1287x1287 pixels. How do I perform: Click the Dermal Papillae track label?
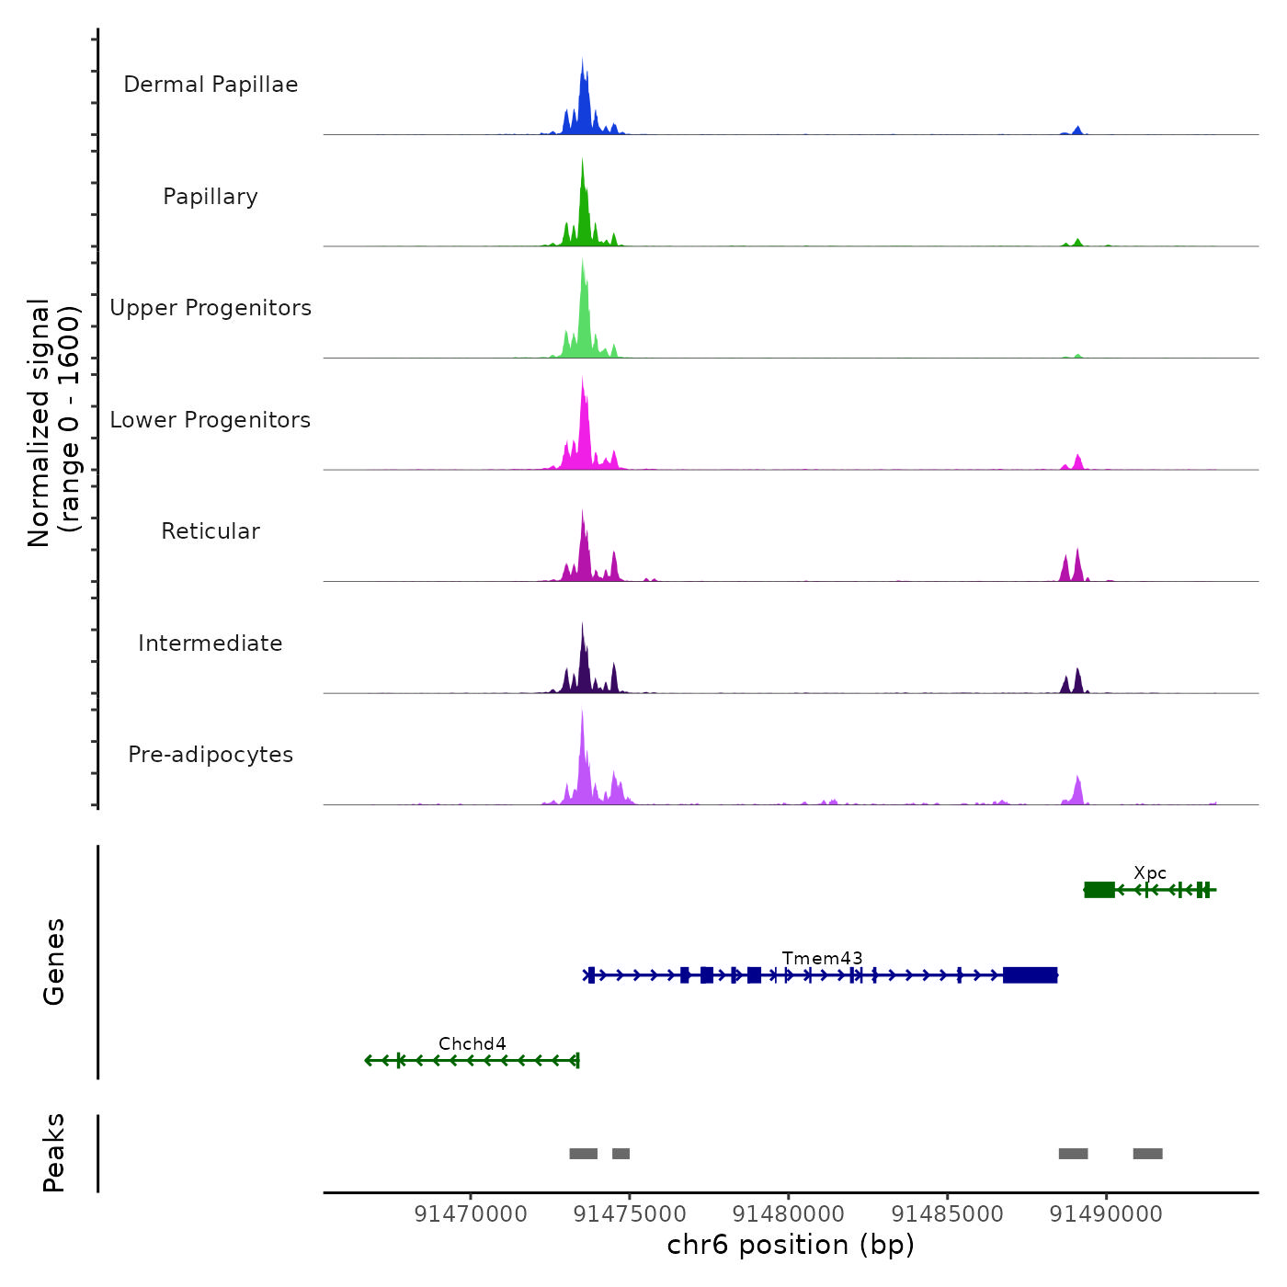click(211, 85)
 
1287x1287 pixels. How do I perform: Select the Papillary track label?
click(211, 197)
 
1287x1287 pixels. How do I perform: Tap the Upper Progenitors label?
click(211, 308)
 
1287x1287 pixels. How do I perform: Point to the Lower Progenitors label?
click(211, 420)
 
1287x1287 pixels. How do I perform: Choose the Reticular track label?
click(211, 531)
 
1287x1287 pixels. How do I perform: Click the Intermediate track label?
click(211, 643)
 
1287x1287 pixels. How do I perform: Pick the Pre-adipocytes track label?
click(211, 755)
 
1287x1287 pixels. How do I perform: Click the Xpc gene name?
click(1150, 873)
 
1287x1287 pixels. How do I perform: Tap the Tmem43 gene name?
click(822, 959)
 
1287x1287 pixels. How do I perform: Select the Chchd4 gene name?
click(472, 1044)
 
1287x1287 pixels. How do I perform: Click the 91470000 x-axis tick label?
click(471, 1214)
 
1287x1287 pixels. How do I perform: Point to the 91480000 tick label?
click(788, 1214)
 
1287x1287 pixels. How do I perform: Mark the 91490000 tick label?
click(1106, 1214)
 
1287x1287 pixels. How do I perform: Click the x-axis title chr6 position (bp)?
click(791, 1246)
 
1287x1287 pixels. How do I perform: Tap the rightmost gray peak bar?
click(1147, 1154)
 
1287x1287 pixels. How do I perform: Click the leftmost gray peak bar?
click(583, 1154)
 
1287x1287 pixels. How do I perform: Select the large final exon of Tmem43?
click(1030, 975)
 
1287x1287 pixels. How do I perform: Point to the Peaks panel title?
click(54, 1153)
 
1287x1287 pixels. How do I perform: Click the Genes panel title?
click(54, 962)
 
